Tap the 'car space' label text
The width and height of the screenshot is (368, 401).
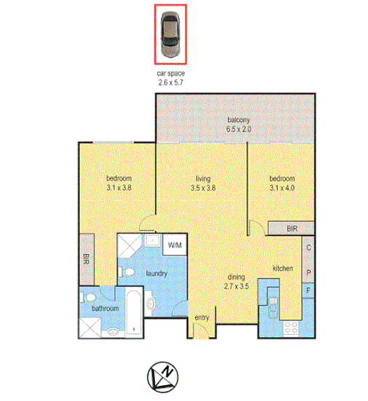pos(170,74)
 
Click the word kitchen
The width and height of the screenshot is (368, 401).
pos(283,269)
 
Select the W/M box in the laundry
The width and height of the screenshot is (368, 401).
pos(175,245)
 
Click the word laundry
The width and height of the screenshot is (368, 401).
pos(157,274)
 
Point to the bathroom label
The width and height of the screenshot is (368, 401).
pos(105,309)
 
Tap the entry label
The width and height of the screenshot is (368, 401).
pos(201,317)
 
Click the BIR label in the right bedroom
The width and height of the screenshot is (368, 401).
pos(292,229)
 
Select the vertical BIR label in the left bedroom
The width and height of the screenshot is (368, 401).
pos(87,258)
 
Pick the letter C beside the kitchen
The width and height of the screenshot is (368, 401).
pos(308,247)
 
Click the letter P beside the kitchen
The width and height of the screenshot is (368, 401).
pos(308,273)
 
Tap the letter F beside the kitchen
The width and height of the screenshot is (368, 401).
pos(308,292)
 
